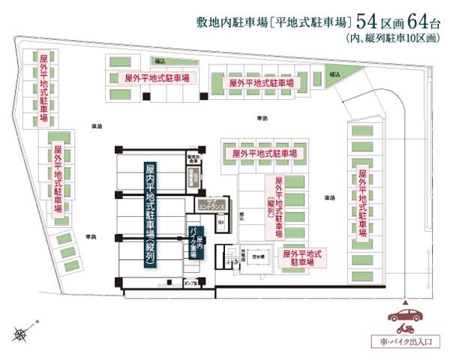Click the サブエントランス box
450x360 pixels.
[x=205, y=203]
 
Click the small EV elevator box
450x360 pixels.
[x=220, y=223]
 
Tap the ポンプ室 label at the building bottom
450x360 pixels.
[x=178, y=283]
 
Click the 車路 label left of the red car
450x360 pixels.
[x=329, y=196]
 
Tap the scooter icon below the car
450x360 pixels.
[x=406, y=327]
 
